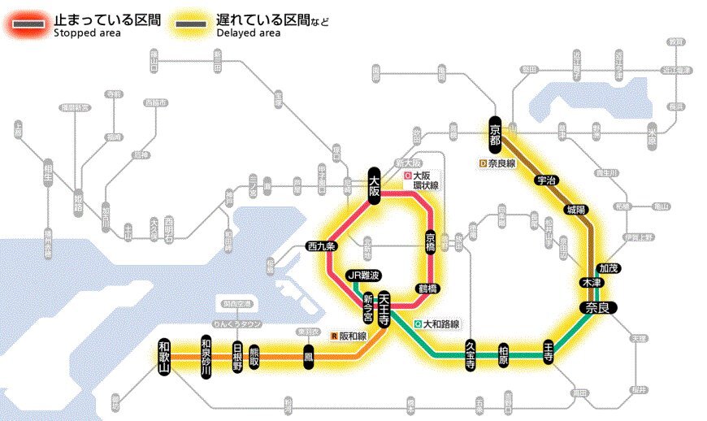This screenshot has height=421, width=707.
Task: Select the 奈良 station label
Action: (x=598, y=307)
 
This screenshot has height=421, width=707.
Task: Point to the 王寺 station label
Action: (x=549, y=353)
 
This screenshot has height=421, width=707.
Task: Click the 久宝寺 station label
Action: (x=471, y=354)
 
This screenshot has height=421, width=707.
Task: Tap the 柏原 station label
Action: (x=504, y=353)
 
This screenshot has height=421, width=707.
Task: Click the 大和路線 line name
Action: (x=437, y=323)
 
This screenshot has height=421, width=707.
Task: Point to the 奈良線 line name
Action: (x=498, y=163)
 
